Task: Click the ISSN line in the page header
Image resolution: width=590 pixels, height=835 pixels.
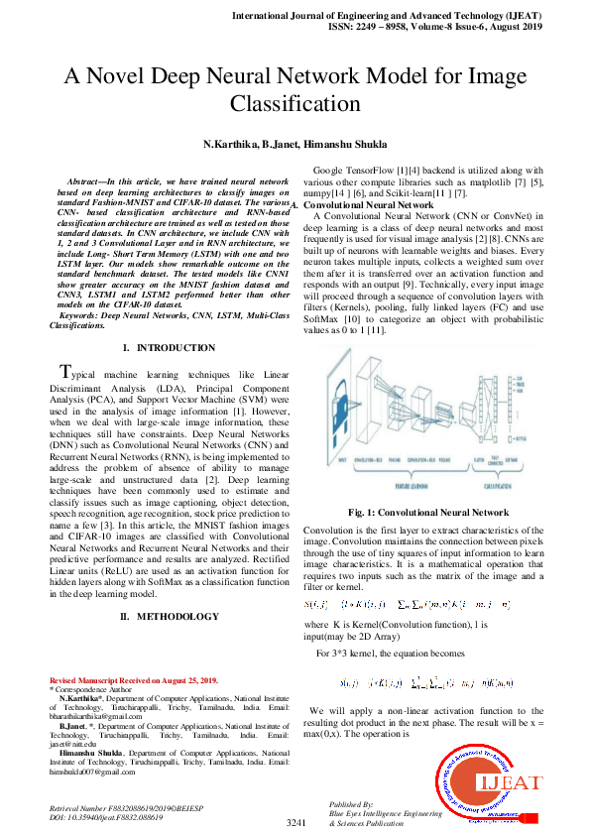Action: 432,30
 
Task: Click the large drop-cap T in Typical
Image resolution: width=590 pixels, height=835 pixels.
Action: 65,373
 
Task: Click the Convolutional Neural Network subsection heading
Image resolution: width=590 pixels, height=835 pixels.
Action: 367,204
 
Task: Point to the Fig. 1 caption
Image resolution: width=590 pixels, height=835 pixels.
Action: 428,512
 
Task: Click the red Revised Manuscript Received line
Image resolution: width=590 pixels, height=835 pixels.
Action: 133,680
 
